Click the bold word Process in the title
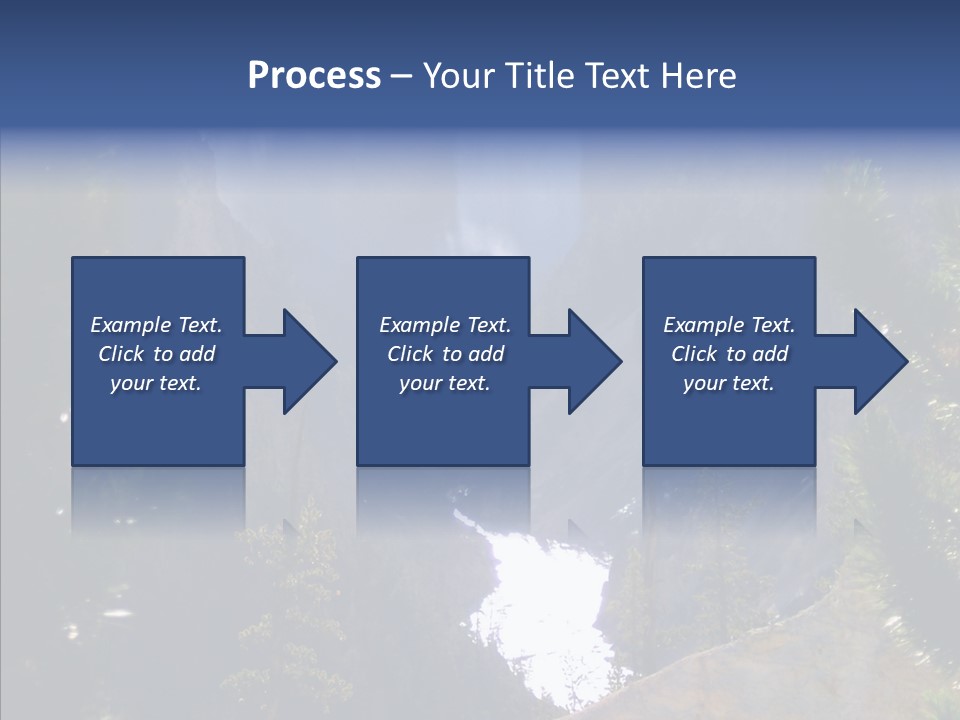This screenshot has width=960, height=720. [x=314, y=76]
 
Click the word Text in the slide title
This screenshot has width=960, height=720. [x=619, y=76]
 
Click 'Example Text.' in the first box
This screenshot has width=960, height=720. [x=156, y=325]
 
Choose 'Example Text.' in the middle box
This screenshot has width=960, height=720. [x=445, y=325]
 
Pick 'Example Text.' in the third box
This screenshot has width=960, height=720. [x=729, y=325]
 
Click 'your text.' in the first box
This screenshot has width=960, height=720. [x=156, y=383]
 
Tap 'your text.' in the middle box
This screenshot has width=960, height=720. [x=445, y=383]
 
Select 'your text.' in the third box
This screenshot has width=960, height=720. [x=729, y=383]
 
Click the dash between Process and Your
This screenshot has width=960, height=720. [x=402, y=77]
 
